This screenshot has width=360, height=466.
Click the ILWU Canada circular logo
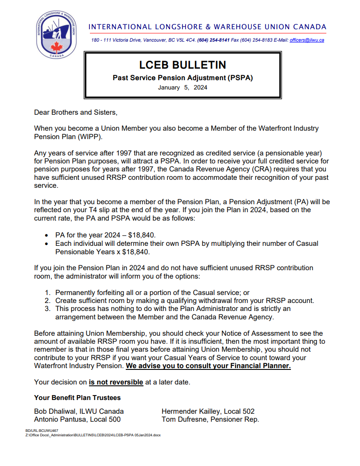pos(56,35)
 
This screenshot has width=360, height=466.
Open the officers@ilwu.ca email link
pos(307,40)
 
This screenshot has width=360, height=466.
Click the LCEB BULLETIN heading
pos(182,65)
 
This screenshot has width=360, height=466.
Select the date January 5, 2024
pos(182,87)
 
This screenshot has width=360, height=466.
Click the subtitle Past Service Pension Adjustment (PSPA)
pos(182,78)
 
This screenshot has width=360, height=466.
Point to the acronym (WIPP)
pos(89,136)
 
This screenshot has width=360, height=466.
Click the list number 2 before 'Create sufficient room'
pos(48,300)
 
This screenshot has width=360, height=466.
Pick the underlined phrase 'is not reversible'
pos(116,382)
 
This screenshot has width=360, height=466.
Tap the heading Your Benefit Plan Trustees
pos(77,398)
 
